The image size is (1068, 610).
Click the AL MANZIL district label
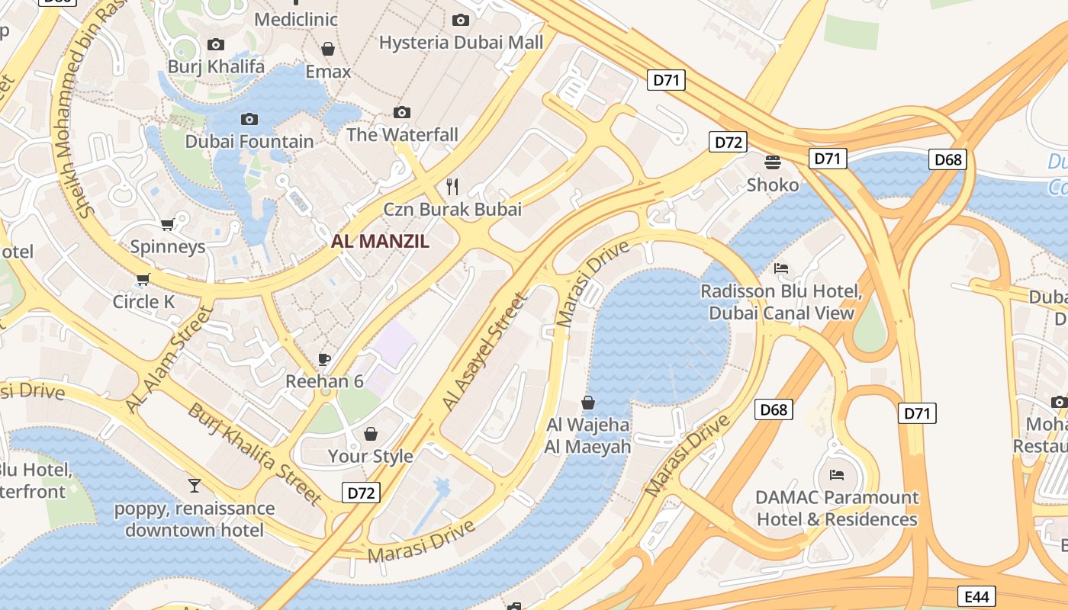pyautogui.click(x=380, y=242)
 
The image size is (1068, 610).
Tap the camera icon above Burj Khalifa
pyautogui.click(x=216, y=45)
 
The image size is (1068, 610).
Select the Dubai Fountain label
pyautogui.click(x=249, y=141)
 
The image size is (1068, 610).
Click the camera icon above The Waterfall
pyautogui.click(x=402, y=113)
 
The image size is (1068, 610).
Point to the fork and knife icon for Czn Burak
pyautogui.click(x=452, y=186)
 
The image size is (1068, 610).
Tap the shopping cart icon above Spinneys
pyautogui.click(x=168, y=224)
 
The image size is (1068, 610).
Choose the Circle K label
pyautogui.click(x=143, y=301)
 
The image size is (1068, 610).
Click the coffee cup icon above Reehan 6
pyautogui.click(x=324, y=359)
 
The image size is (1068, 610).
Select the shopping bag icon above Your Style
pyautogui.click(x=370, y=434)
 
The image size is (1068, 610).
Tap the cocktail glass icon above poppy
pyautogui.click(x=195, y=485)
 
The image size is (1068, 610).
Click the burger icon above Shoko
pyautogui.click(x=773, y=162)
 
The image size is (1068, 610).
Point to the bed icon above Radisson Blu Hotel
pyautogui.click(x=781, y=268)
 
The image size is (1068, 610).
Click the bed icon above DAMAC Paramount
pyautogui.click(x=837, y=475)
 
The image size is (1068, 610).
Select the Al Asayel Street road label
pyautogui.click(x=485, y=352)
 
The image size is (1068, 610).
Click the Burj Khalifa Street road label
pyautogui.click(x=255, y=453)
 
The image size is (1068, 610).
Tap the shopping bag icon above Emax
pyautogui.click(x=328, y=50)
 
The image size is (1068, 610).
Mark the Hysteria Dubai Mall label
pyautogui.click(x=461, y=42)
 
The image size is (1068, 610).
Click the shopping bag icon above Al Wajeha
pyautogui.click(x=588, y=403)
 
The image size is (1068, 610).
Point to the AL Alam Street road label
pyautogui.click(x=169, y=361)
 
